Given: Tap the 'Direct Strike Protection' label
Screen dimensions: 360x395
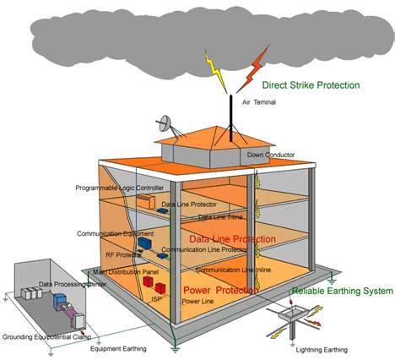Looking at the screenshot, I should point(311,85).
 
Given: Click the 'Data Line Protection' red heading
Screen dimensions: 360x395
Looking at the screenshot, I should point(231,240).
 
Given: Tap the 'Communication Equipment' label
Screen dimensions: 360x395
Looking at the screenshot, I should point(115,233).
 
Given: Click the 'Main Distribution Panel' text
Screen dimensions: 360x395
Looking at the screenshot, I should point(127,271).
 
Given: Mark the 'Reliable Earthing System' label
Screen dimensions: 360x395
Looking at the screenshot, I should point(342,291).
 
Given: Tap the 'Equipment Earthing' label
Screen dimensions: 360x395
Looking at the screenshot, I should point(117,348).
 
